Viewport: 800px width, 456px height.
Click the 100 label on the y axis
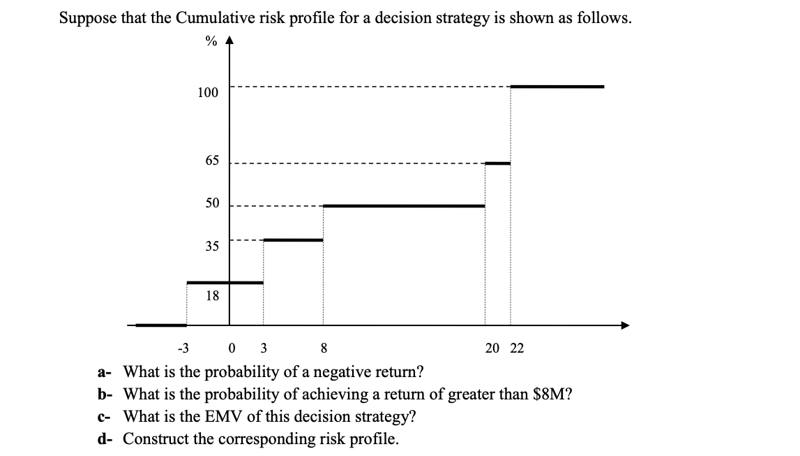(207, 93)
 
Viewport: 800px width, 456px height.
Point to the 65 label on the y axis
(211, 161)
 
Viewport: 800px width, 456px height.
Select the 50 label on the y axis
(211, 203)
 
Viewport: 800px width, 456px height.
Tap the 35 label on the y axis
(211, 246)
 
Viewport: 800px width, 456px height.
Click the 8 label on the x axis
(324, 348)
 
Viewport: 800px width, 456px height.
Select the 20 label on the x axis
(492, 348)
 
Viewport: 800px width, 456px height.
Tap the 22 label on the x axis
(516, 348)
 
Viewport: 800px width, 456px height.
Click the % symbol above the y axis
(210, 41)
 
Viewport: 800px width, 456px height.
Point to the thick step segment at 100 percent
(557, 87)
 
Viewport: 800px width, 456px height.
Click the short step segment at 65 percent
(497, 163)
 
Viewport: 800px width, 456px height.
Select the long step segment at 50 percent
(404, 206)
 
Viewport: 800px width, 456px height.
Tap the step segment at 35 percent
(293, 240)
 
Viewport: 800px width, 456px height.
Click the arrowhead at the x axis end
(624, 325)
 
